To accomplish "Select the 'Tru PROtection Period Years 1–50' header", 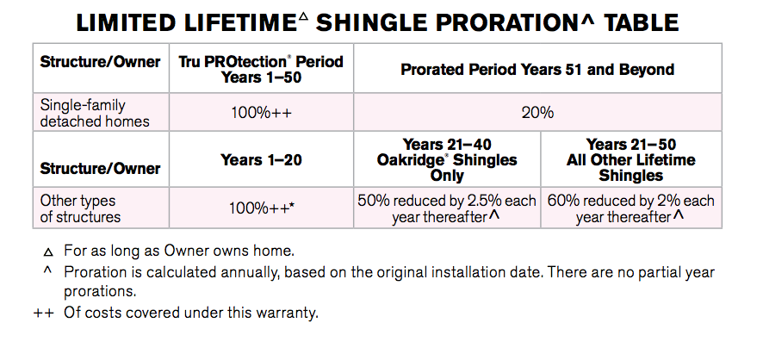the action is pos(261,69).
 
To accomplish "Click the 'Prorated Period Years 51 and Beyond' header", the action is pos(537,69).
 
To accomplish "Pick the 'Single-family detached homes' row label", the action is pos(95,113).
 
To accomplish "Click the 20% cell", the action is pos(537,113).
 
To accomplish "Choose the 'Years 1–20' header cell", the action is pos(261,159).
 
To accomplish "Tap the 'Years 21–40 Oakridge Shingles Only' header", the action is pos(447,159).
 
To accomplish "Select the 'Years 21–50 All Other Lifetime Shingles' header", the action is pos(631,159).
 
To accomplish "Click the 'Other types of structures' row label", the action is pos(80,208).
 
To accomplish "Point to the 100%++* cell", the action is pos(261,208).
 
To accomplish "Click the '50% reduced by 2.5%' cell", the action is pos(447,208).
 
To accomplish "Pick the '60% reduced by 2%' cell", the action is pos(631,208).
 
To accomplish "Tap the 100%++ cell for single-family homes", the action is pos(261,113).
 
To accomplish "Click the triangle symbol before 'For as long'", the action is pos(47,252).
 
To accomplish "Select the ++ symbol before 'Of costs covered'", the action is pos(43,313).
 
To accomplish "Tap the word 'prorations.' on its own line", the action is pos(100,292).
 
